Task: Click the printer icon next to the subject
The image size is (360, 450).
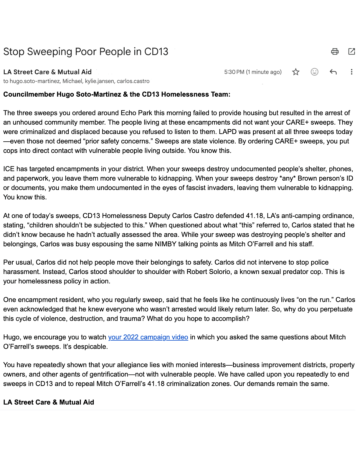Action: click(335, 51)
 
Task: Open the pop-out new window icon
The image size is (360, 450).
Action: click(351, 51)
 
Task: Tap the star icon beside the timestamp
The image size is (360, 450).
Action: click(296, 72)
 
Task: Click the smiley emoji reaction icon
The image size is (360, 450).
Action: click(314, 72)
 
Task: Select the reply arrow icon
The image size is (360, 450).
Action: click(333, 72)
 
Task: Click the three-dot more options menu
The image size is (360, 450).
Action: click(351, 72)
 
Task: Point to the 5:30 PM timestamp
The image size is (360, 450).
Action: click(234, 72)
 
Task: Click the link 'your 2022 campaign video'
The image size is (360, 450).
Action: click(148, 337)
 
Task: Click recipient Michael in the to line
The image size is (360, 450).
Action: click(72, 81)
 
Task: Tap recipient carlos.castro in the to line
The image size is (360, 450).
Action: click(133, 81)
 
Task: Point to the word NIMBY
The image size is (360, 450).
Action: click(165, 244)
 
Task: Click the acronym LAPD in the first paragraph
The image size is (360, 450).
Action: click(227, 132)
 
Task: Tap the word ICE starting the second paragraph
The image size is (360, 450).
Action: click(9, 169)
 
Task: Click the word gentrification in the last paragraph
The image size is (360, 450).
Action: click(107, 374)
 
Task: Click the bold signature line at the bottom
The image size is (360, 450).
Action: click(49, 402)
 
